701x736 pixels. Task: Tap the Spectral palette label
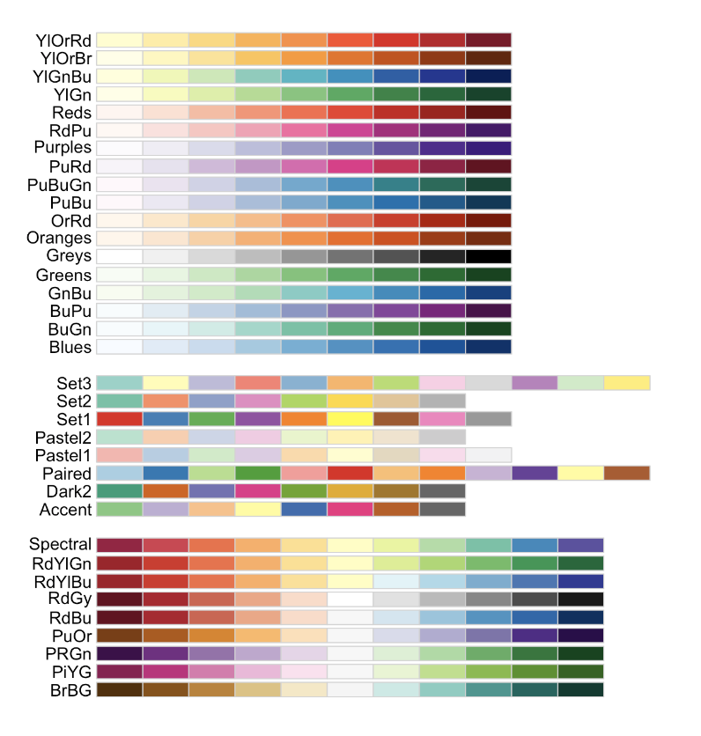click(x=60, y=544)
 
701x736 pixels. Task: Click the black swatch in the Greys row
click(x=488, y=256)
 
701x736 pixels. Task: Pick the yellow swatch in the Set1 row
click(x=350, y=418)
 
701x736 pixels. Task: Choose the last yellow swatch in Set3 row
click(x=626, y=382)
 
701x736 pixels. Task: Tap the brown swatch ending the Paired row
click(x=626, y=473)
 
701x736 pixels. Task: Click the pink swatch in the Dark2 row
click(x=258, y=491)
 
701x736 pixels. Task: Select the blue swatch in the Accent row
click(x=304, y=509)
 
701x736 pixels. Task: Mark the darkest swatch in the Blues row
click(x=488, y=347)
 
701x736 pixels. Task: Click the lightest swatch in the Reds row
click(x=120, y=113)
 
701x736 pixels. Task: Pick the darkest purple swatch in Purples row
click(x=488, y=148)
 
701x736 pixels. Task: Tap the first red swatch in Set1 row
click(x=120, y=418)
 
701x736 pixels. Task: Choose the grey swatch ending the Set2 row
click(x=442, y=401)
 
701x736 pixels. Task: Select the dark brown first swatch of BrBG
click(x=120, y=689)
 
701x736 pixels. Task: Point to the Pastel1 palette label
click(x=64, y=455)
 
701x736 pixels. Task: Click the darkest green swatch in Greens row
click(x=488, y=276)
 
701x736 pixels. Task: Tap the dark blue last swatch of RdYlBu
click(x=580, y=581)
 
